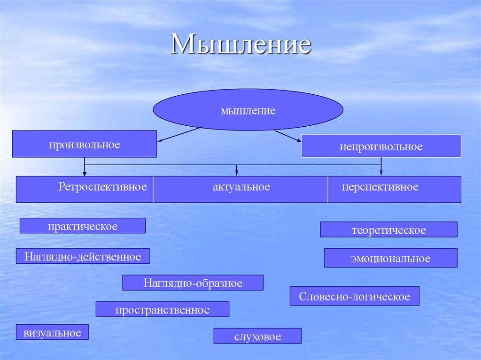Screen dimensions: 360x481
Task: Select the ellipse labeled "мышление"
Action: pos(248,110)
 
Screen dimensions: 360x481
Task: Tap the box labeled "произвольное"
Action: pos(85,144)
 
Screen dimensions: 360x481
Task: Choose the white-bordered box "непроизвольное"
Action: pos(381,146)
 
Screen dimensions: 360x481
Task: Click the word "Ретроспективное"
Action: pos(102,187)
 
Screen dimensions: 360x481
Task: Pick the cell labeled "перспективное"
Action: pos(380,187)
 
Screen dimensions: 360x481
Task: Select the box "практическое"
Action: pos(83,226)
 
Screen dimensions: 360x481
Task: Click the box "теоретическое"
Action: pos(388,230)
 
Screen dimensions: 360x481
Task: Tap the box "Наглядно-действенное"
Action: pos(83,256)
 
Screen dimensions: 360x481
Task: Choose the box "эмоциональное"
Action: pos(390,258)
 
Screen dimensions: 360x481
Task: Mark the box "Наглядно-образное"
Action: pos(193,283)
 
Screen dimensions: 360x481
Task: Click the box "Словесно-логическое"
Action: pos(354,296)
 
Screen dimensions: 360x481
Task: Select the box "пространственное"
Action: pos(163,309)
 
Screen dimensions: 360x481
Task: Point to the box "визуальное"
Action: pos(52,332)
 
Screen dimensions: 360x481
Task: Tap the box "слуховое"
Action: pos(257,336)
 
